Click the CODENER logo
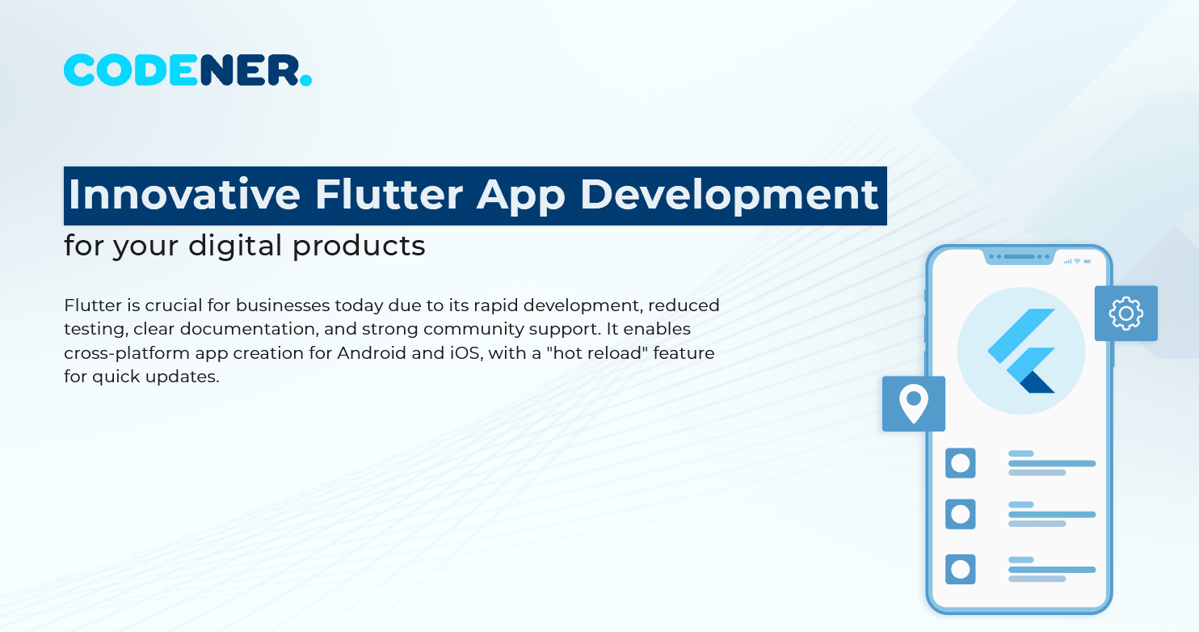187,70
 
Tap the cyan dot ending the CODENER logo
305,80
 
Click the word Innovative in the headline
184,195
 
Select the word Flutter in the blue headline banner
389,195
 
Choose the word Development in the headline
730,195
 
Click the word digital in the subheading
240,246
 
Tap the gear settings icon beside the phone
1125,314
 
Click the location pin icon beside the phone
914,403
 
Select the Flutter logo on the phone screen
1021,351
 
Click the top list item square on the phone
960,463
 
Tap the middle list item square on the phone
960,514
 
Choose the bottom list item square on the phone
960,569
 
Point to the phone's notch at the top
1020,257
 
